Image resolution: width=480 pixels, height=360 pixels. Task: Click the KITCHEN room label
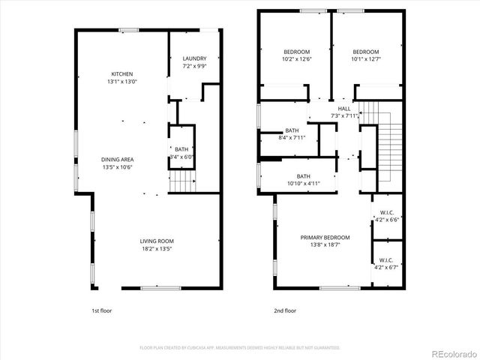(122, 73)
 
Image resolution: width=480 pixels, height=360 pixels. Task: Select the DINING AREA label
(118, 159)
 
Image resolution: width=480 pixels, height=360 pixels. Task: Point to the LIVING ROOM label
(157, 241)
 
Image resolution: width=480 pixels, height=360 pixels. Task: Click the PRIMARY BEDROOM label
(325, 238)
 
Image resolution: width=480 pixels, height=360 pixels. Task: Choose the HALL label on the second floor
(344, 108)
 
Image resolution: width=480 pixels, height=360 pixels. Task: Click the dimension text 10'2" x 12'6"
(276, 59)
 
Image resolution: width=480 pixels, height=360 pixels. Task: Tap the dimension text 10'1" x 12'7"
(366, 59)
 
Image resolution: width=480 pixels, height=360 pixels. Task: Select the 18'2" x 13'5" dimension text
(157, 249)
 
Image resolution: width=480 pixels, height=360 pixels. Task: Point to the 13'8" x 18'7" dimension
(325, 246)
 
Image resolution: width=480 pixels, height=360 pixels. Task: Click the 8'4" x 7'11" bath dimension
(292, 138)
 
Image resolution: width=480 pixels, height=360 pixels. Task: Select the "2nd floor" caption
(284, 310)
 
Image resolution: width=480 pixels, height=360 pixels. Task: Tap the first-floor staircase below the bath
(183, 181)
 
